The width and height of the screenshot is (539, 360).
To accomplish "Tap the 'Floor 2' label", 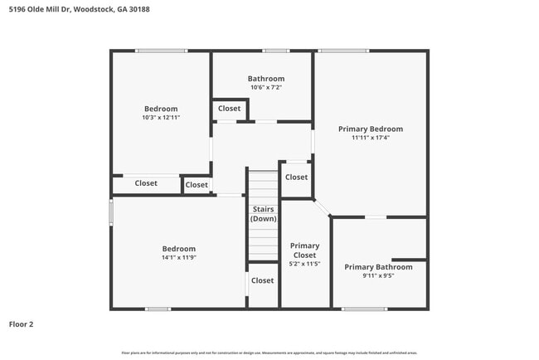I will tap(22, 324).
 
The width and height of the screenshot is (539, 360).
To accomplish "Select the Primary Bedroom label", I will tap(371, 129).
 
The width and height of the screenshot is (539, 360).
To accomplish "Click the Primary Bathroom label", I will tap(378, 267).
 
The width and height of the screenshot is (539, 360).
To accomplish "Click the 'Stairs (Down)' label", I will tap(264, 214).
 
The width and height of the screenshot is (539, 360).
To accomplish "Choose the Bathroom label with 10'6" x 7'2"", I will tap(265, 79).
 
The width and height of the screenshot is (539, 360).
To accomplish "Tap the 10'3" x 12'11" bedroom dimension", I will tap(161, 118).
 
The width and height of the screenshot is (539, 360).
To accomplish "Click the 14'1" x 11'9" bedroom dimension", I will tap(178, 258).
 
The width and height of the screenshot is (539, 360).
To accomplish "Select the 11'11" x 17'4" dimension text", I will tap(371, 138).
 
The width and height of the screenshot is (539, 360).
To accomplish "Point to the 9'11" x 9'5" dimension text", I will tap(378, 276).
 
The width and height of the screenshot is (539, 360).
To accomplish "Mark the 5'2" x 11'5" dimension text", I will tap(304, 264).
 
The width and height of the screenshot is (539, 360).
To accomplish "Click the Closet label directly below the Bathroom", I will tap(229, 109).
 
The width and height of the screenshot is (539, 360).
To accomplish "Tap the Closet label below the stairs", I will tap(262, 280).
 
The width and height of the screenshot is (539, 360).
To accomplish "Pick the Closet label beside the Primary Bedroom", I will tap(296, 177).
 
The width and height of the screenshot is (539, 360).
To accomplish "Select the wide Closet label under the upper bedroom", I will tap(146, 183).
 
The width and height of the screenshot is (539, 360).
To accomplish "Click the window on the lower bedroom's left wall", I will tap(111, 211).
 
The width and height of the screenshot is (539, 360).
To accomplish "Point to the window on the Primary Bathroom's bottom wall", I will tap(365, 309).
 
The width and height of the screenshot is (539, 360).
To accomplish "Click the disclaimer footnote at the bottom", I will tap(269, 353).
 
